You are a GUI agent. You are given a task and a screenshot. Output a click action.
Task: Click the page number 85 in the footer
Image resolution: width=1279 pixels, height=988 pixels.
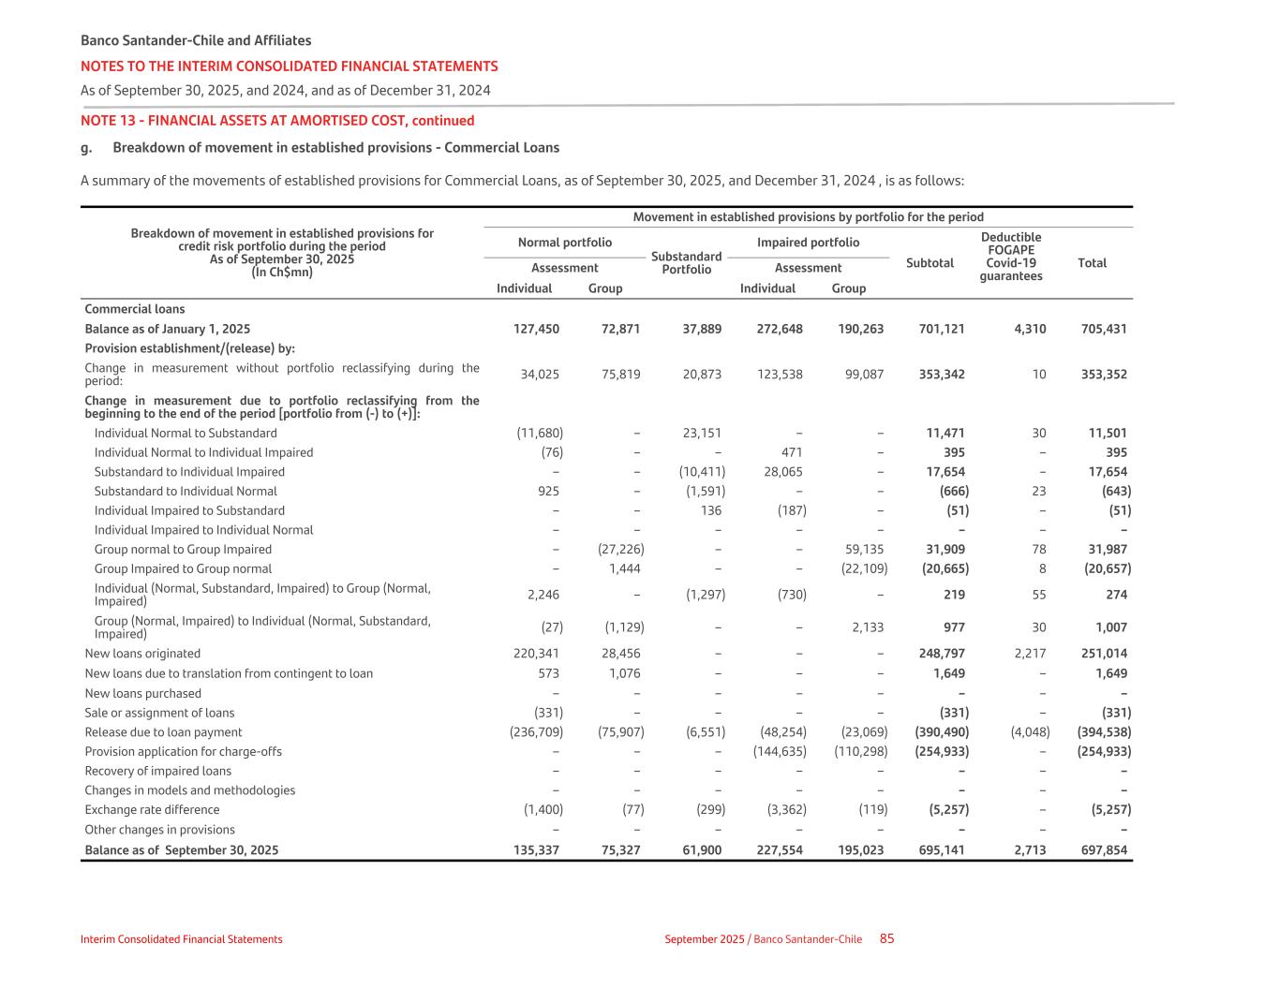point(886,938)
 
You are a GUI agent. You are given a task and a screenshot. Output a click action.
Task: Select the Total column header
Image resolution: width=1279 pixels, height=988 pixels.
point(1092,263)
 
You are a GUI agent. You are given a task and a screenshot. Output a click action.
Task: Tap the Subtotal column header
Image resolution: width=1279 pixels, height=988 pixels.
point(930,263)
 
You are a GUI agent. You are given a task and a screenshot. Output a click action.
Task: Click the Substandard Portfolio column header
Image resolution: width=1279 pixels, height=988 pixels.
point(686,263)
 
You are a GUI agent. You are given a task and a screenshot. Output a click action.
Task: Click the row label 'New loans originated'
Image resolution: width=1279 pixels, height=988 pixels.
point(142,654)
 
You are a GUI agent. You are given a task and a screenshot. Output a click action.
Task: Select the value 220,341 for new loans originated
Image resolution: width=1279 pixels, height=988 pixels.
point(533,654)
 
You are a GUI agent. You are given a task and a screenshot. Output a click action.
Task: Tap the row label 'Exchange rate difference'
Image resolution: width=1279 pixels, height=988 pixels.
point(152,810)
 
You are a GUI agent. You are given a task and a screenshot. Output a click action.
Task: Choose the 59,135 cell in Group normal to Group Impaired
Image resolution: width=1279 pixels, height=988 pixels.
point(864,550)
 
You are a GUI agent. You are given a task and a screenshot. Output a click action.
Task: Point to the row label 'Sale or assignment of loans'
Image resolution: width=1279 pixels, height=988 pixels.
point(159,713)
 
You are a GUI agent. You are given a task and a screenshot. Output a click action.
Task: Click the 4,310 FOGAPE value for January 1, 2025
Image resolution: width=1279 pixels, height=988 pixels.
point(1030,329)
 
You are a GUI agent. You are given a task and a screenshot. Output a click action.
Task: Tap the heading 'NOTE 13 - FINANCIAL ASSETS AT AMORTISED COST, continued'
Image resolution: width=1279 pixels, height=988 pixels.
point(277,121)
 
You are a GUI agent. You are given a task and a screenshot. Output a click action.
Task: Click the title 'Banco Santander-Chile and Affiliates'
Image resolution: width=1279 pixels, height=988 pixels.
point(196,40)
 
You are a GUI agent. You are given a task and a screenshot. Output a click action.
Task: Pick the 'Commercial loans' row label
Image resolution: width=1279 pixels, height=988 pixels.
point(135,309)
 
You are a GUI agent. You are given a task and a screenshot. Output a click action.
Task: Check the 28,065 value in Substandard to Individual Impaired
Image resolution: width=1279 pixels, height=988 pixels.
point(783,472)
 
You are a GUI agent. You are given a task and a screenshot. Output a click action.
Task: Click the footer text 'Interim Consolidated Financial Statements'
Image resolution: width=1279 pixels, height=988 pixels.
point(181,939)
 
